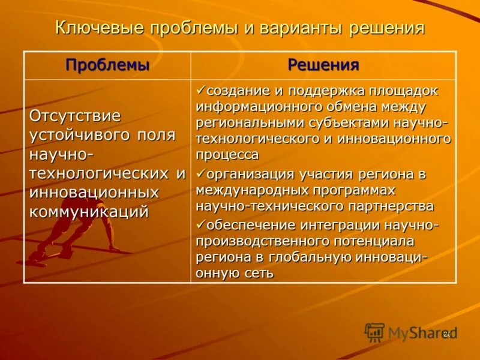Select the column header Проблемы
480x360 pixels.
pyautogui.click(x=107, y=65)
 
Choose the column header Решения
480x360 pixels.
pyautogui.click(x=323, y=65)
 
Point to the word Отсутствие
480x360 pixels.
pyautogui.click(x=75, y=115)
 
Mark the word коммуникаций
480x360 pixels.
pyautogui.click(x=89, y=212)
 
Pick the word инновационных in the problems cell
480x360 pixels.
pyautogui.click(x=94, y=193)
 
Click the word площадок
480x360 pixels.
pyautogui.click(x=407, y=91)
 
